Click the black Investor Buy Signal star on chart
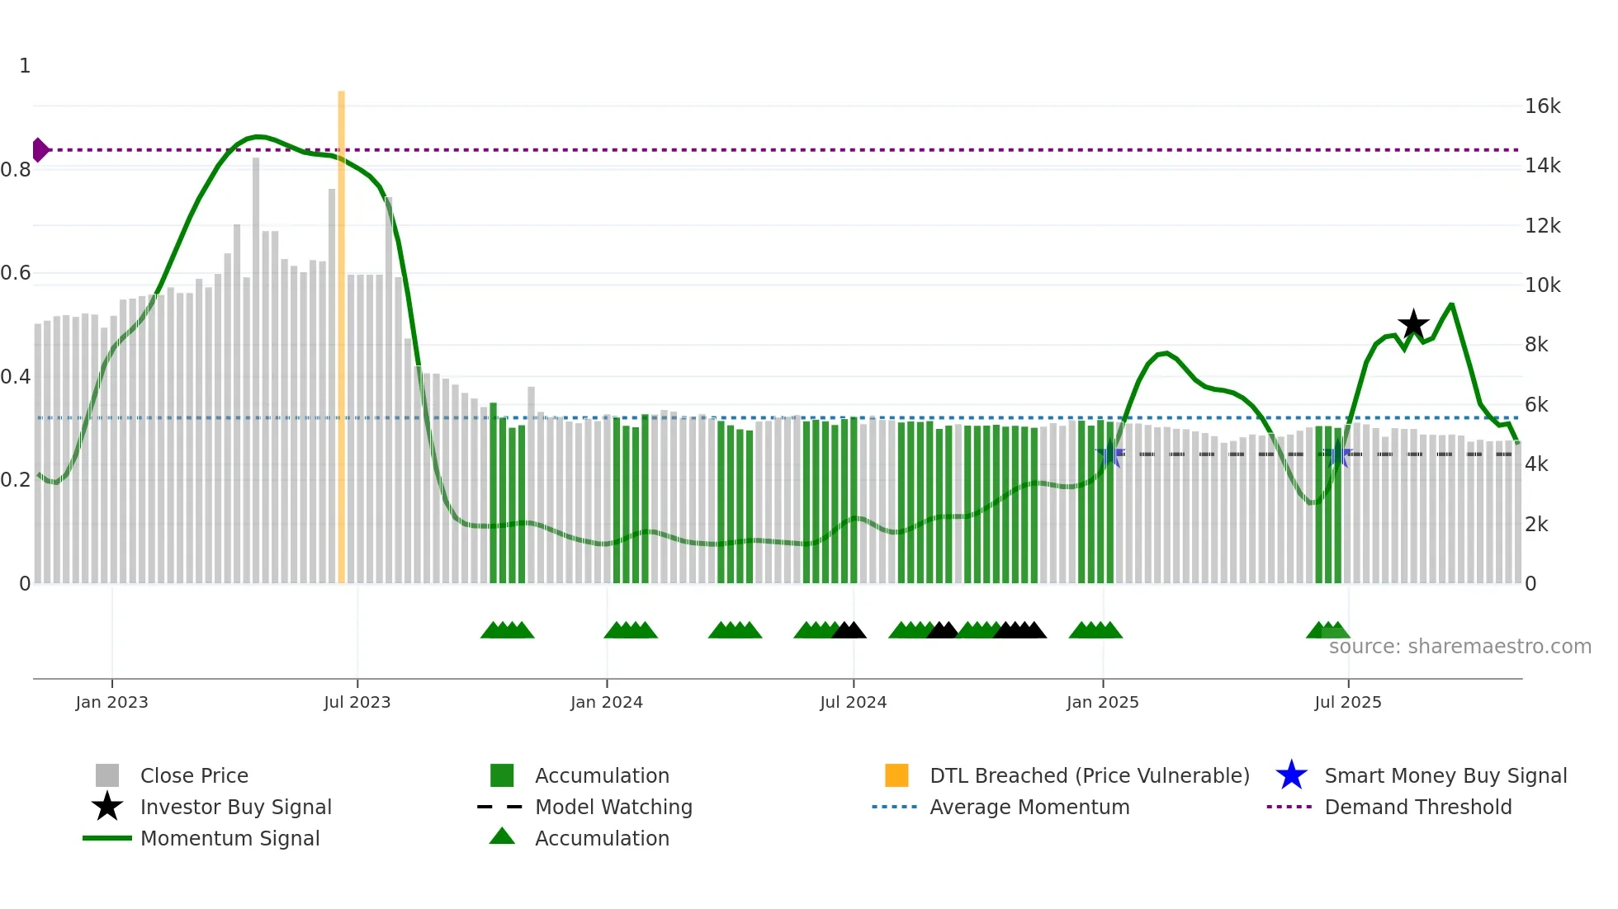(x=1413, y=324)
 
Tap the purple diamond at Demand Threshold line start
(x=40, y=150)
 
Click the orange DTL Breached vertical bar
(x=341, y=330)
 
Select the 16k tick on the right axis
(x=1542, y=106)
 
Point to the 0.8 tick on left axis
(x=17, y=170)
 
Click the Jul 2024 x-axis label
(x=853, y=702)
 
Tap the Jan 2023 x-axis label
(x=111, y=702)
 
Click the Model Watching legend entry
(x=613, y=807)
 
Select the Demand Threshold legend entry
(x=1417, y=807)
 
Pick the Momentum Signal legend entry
(x=229, y=838)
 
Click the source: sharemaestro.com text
(x=1460, y=646)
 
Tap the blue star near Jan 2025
(x=1111, y=454)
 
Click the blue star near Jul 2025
(x=1337, y=454)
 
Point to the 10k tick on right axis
(x=1542, y=285)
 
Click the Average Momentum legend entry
(x=1029, y=807)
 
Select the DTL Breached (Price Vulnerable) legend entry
(x=1089, y=775)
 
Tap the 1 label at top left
(x=25, y=66)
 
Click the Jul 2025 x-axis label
(x=1347, y=702)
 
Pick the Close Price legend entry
(x=193, y=775)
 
